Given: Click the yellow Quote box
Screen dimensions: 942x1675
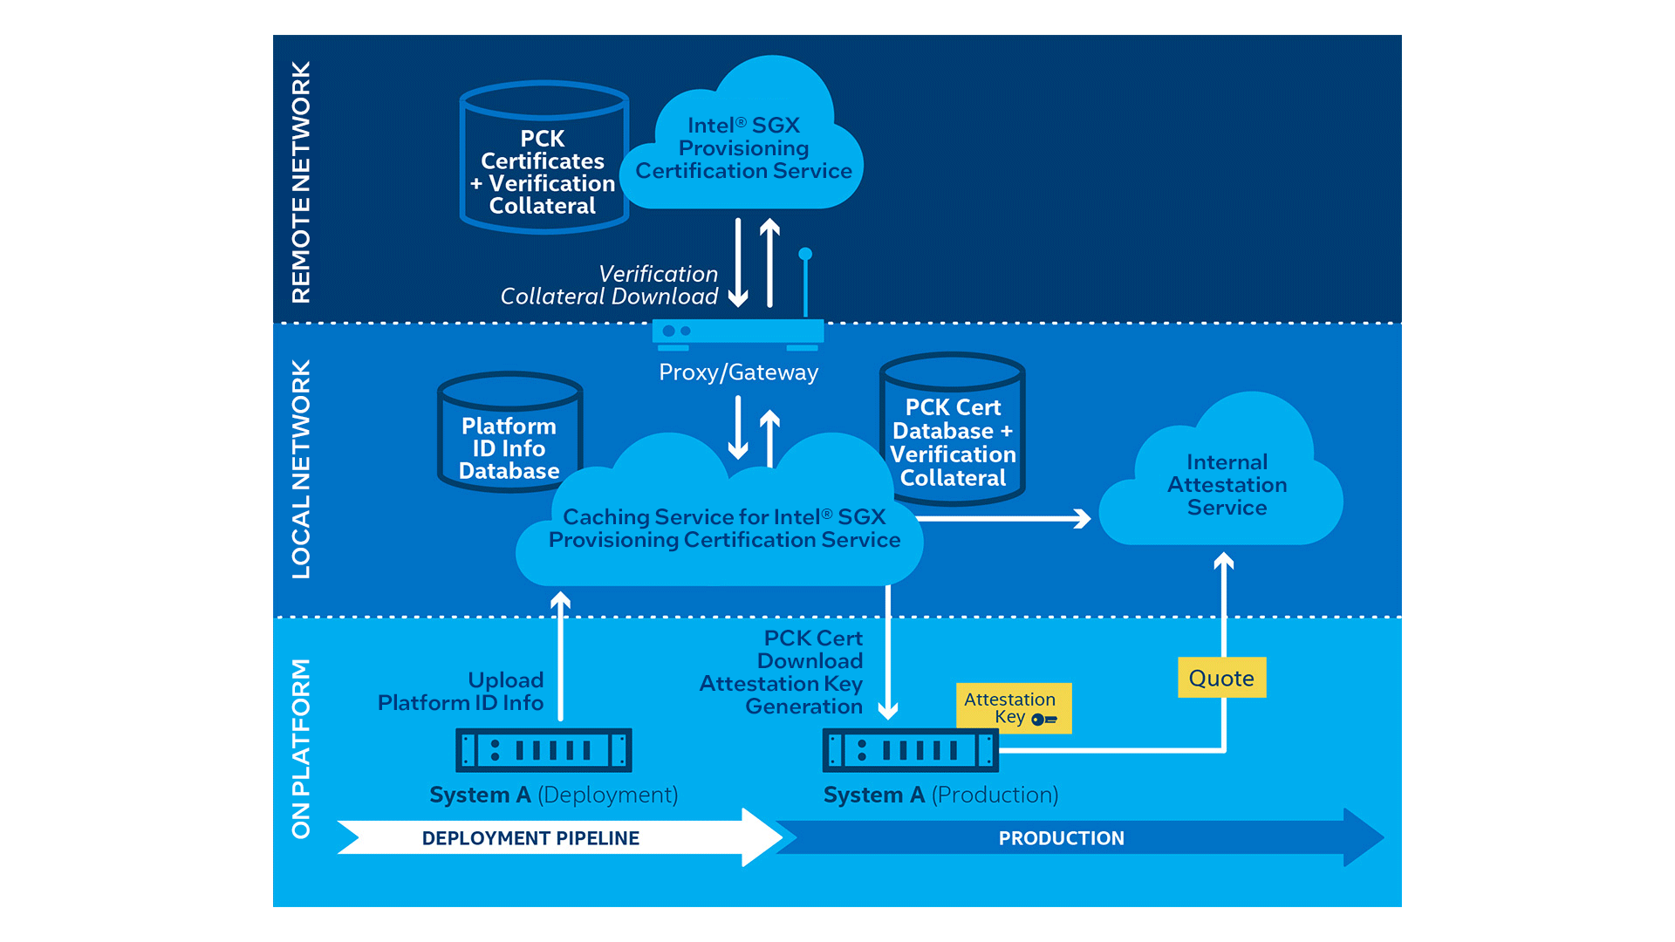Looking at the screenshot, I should coord(1221,678).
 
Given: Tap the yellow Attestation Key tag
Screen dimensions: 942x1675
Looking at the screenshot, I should coord(1013,707).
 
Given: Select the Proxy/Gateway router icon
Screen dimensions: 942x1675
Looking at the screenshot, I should coord(738,332).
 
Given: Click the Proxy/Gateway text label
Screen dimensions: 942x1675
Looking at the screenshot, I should coord(738,372).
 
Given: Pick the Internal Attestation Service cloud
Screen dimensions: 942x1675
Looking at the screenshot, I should coord(1226,485).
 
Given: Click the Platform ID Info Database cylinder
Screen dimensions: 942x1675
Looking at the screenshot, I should coord(509,433).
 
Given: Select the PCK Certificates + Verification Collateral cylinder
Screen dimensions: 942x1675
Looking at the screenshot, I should coord(543,159).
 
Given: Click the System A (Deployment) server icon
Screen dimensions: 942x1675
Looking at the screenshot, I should coord(544,750).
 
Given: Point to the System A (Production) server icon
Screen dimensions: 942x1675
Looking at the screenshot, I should coord(910,750).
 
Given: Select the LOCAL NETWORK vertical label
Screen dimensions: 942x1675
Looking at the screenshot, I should coord(301,469).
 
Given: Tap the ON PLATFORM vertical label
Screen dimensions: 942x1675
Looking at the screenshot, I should coord(301,748).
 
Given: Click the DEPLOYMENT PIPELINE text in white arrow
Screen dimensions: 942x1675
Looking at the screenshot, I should coord(530,838).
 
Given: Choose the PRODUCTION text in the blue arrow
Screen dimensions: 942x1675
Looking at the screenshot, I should coord(1061,838).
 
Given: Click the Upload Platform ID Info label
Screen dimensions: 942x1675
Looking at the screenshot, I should coord(461,692).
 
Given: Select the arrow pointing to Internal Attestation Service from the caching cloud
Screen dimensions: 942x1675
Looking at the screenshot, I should coord(1003,519).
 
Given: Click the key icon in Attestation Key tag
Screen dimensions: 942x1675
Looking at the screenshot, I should coord(1043,720).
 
